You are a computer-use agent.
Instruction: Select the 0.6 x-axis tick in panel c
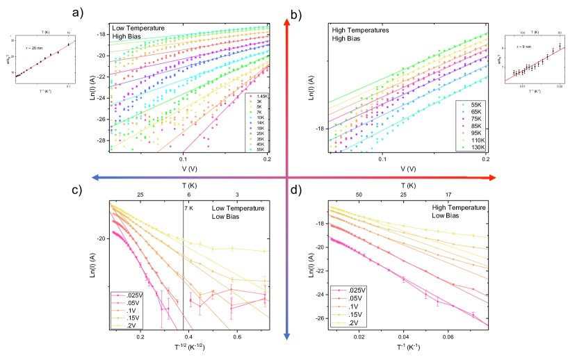tap(237, 338)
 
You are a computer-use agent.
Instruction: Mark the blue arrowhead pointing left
tap(83, 178)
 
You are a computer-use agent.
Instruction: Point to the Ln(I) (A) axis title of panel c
tap(90, 263)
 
